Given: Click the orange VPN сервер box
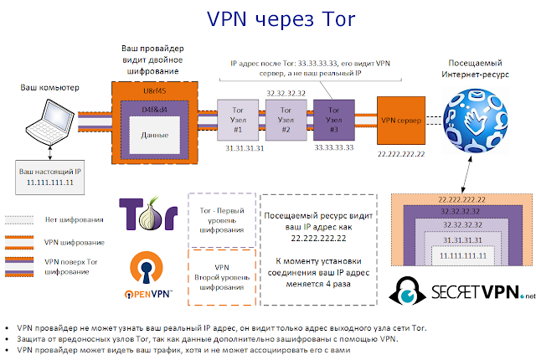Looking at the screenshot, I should (x=400, y=119).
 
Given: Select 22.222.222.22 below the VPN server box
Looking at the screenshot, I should (x=400, y=155).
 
